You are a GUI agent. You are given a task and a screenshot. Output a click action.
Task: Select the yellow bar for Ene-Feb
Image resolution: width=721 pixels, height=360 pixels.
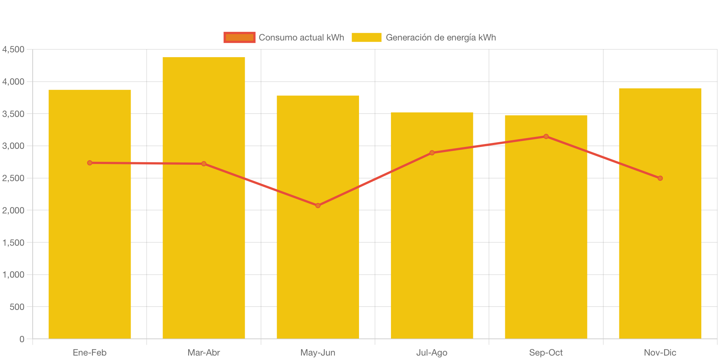pyautogui.click(x=89, y=252)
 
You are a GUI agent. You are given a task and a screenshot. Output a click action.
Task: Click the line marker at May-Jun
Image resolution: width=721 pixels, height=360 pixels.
pyautogui.click(x=318, y=206)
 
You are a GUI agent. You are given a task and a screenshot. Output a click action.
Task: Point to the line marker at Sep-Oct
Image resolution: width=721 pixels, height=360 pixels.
pyautogui.click(x=546, y=137)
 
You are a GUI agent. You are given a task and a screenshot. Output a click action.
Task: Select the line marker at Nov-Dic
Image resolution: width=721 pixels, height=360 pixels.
pyautogui.click(x=660, y=178)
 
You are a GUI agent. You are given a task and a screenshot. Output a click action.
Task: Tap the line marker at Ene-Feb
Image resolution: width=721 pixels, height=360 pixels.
pyautogui.click(x=89, y=163)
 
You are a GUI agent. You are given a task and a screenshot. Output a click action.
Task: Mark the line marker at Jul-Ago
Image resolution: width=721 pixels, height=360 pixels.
pyautogui.click(x=432, y=153)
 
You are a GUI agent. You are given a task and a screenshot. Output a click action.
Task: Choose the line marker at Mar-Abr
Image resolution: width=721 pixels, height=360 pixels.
pyautogui.click(x=203, y=164)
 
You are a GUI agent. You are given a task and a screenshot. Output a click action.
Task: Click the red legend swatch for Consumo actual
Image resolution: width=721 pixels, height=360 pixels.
pyautogui.click(x=239, y=37)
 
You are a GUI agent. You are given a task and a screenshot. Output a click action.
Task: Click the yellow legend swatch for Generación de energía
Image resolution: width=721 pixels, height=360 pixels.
pyautogui.click(x=366, y=37)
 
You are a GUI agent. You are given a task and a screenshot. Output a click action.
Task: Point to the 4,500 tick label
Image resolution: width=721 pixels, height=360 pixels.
pyautogui.click(x=13, y=49)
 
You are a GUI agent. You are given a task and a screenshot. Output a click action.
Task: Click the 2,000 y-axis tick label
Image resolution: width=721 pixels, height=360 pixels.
pyautogui.click(x=13, y=210)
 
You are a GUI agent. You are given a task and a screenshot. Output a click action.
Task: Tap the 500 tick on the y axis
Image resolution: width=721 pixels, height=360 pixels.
pyautogui.click(x=17, y=307)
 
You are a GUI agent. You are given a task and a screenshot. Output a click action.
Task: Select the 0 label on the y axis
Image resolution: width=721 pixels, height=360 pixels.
pyautogui.click(x=22, y=339)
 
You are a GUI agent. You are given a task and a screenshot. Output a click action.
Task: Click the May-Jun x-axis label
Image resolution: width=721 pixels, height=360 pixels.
pyautogui.click(x=318, y=353)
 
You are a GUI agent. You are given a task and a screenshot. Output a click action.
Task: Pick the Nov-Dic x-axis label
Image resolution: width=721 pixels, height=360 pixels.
pyautogui.click(x=660, y=353)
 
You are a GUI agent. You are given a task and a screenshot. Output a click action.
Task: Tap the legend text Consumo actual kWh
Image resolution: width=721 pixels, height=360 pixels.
pyautogui.click(x=301, y=37)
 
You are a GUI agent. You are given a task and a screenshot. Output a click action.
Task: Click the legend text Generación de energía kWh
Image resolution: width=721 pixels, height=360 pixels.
pyautogui.click(x=441, y=37)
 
